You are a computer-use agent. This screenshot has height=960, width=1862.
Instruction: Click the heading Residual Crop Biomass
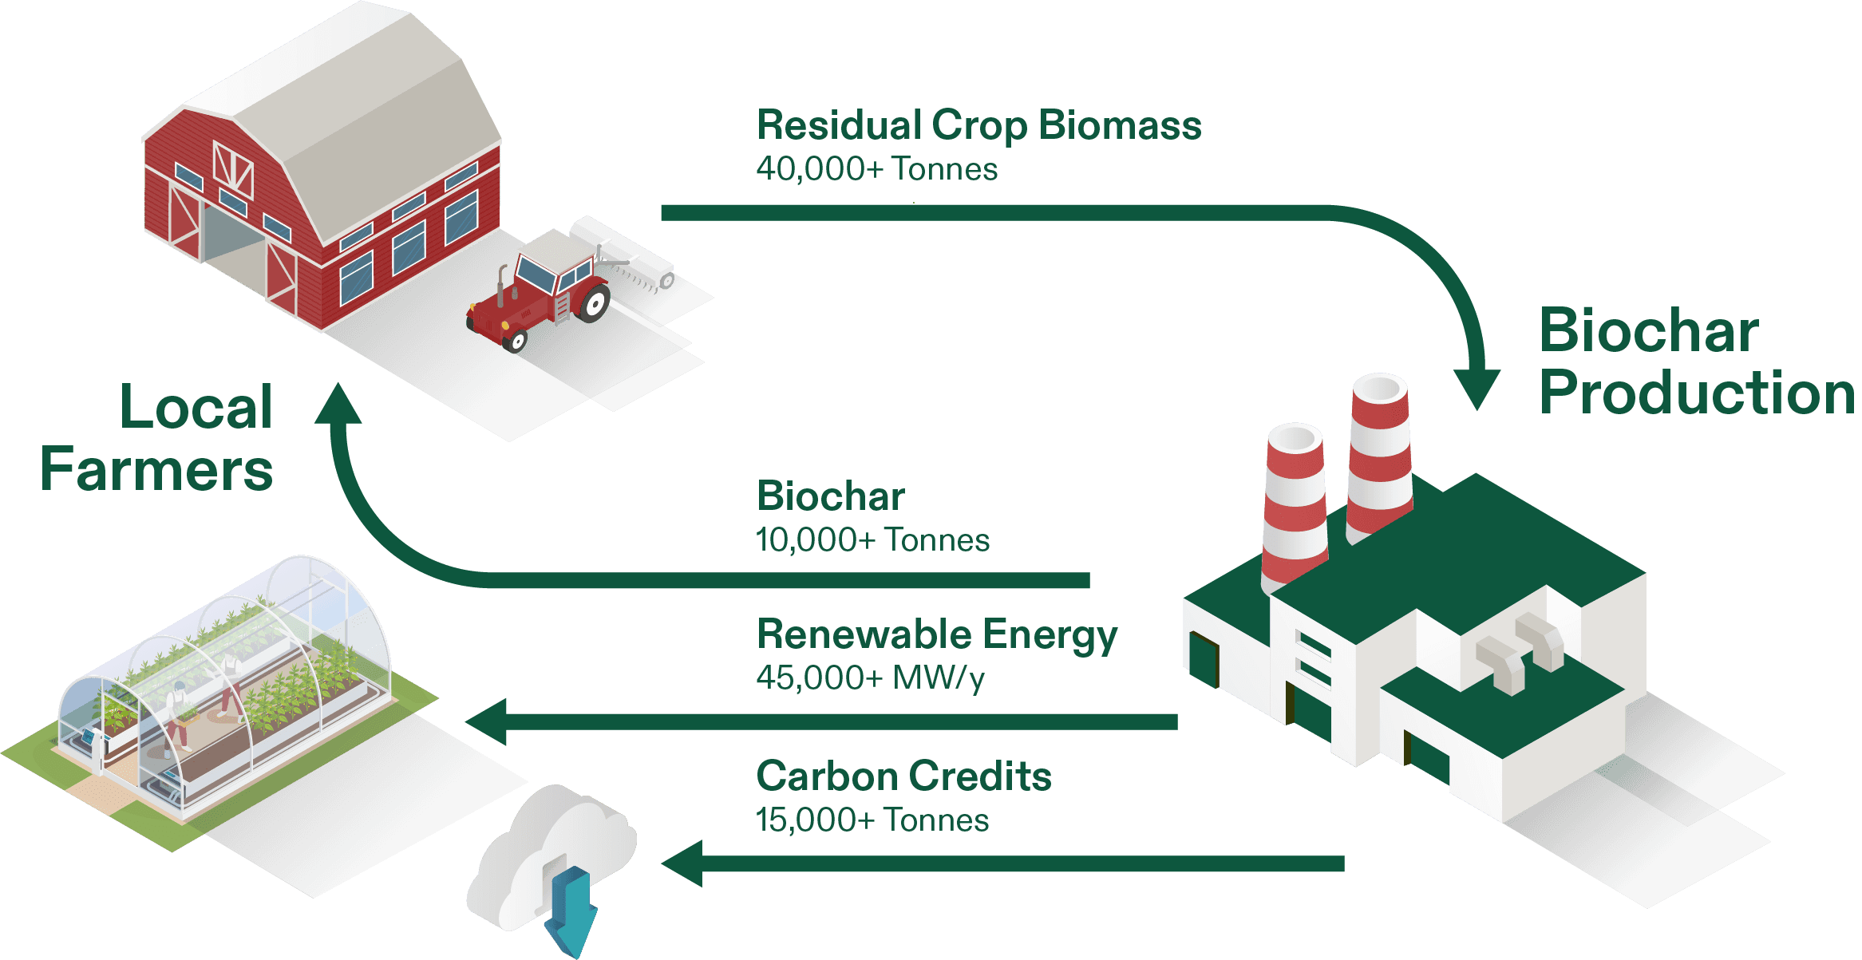978,125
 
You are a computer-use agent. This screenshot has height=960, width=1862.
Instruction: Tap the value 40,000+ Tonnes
876,169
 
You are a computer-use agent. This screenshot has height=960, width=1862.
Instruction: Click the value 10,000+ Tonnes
872,540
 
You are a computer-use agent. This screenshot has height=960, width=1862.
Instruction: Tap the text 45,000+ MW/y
870,678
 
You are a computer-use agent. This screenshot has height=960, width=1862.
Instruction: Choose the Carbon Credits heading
903,776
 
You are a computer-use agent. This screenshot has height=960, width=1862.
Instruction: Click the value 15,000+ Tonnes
872,820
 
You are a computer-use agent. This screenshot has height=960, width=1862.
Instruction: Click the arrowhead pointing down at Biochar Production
1477,387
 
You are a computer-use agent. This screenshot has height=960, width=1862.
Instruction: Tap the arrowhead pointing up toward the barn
338,403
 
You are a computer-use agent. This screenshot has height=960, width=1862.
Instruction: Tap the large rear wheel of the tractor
594,302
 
